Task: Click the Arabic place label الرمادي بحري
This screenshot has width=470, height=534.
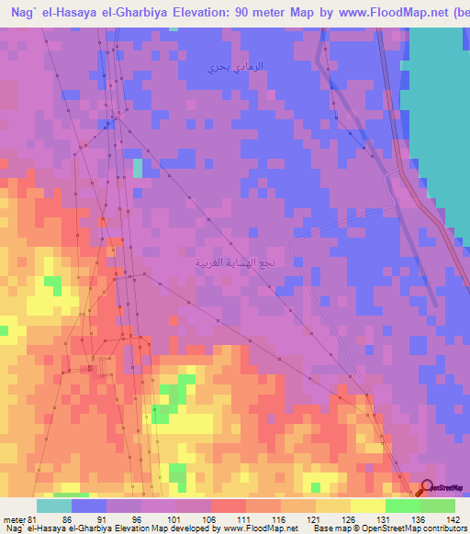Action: pos(234,67)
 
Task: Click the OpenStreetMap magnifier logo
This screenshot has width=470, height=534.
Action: pos(428,488)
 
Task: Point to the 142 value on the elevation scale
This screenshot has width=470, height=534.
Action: pos(453,518)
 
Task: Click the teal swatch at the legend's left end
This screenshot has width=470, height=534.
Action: pos(54,506)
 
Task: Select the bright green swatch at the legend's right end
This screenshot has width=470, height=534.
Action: pos(437,506)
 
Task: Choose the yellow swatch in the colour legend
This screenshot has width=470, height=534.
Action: pos(367,506)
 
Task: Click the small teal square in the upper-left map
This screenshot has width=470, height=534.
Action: pos(138,168)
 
